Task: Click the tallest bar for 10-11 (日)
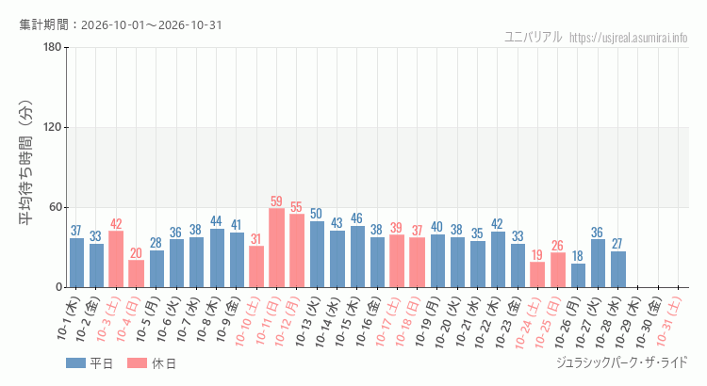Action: click(276, 248)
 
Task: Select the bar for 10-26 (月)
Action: click(578, 275)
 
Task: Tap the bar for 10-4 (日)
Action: click(136, 274)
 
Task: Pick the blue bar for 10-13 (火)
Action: click(317, 254)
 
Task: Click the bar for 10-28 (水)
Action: click(618, 269)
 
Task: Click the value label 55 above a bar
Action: click(296, 207)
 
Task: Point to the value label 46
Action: click(356, 218)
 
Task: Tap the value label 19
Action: click(537, 255)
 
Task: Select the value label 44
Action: click(216, 221)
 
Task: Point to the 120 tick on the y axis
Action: click(53, 127)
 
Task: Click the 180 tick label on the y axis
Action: click(53, 47)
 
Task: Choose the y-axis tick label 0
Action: click(59, 287)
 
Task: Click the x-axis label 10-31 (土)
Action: click(668, 322)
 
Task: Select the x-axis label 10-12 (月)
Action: click(288, 322)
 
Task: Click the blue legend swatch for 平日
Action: click(75, 363)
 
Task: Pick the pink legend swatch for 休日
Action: click(137, 363)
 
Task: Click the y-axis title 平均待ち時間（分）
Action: click(25, 163)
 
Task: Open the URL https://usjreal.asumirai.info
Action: click(629, 38)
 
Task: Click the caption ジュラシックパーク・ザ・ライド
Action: click(622, 362)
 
